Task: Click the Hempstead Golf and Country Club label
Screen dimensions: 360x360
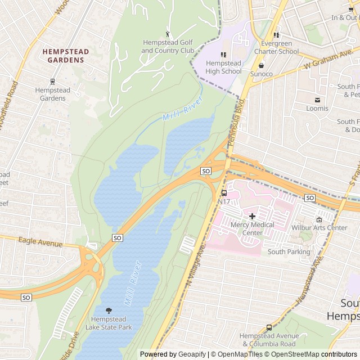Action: pyautogui.click(x=167, y=47)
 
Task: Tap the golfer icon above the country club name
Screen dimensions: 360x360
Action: pyautogui.click(x=167, y=34)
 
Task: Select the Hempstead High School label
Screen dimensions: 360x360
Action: pyautogui.click(x=223, y=67)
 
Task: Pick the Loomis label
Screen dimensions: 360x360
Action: pyautogui.click(x=317, y=109)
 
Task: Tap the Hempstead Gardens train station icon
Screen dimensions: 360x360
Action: pyautogui.click(x=52, y=82)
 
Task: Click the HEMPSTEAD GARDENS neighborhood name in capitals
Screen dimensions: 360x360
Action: pyautogui.click(x=66, y=56)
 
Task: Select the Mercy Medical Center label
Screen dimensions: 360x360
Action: pyautogui.click(x=253, y=228)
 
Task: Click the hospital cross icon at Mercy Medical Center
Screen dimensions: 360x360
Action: pyautogui.click(x=252, y=216)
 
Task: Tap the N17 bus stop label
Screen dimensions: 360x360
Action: pyautogui.click(x=223, y=201)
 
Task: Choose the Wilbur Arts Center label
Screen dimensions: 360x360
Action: pyautogui.click(x=319, y=228)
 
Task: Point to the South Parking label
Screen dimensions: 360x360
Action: pyautogui.click(x=289, y=251)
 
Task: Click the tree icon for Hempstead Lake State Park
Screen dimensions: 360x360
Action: pyautogui.click(x=109, y=310)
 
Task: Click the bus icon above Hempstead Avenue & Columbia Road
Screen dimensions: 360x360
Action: pyautogui.click(x=269, y=327)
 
